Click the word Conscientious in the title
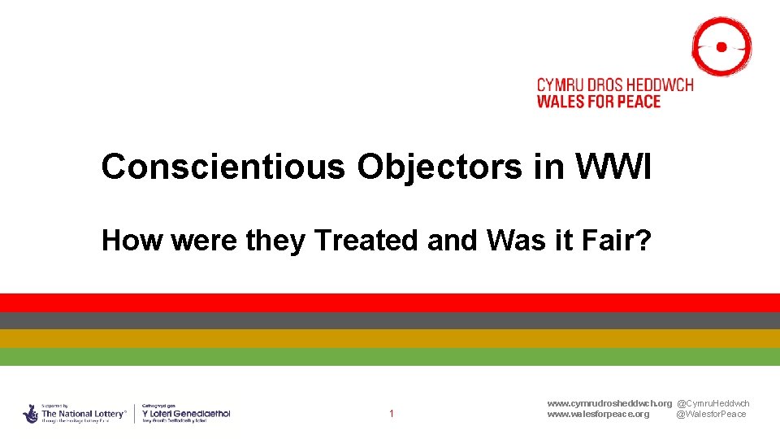(223, 167)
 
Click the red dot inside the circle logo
(721, 47)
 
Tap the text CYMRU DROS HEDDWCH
(615, 85)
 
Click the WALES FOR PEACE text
(599, 102)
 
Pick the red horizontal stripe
(390, 302)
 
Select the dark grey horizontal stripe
(390, 320)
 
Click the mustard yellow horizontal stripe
(390, 338)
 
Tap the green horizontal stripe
(390, 356)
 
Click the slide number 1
(391, 414)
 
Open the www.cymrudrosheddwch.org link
(609, 403)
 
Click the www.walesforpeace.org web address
(598, 414)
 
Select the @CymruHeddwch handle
(713, 403)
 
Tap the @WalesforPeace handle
(711, 414)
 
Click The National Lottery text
(84, 414)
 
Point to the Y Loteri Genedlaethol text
(186, 414)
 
